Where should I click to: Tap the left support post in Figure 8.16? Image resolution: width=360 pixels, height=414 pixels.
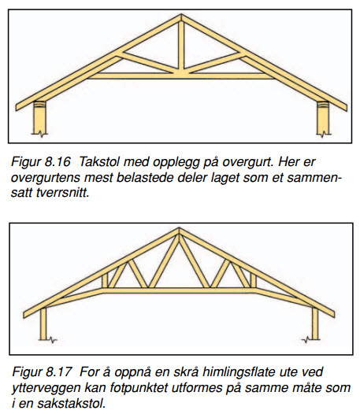40,118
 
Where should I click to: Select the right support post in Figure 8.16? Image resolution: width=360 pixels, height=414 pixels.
323,118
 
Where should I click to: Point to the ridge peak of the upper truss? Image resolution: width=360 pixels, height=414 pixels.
181,14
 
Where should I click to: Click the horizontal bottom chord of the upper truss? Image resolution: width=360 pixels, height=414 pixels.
181,76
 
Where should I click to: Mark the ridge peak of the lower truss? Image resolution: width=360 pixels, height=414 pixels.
179,228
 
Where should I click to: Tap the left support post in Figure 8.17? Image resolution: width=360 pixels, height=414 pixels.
43,323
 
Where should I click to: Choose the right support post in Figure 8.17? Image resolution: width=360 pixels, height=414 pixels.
315,323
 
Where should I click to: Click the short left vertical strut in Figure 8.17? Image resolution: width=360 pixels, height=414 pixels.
105,280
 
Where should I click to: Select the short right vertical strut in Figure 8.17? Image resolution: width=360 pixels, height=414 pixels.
253,280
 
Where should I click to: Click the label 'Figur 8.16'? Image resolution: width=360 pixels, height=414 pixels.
41,161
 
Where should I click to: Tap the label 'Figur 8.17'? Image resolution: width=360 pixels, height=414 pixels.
42,372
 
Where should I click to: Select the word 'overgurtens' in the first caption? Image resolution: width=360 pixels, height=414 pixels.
46,177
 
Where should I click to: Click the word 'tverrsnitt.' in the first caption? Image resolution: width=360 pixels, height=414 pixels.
64,193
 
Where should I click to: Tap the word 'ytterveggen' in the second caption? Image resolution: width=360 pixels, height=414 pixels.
46,388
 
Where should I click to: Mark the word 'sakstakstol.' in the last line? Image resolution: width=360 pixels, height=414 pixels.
72,404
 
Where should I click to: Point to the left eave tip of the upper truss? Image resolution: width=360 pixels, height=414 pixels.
16,108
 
